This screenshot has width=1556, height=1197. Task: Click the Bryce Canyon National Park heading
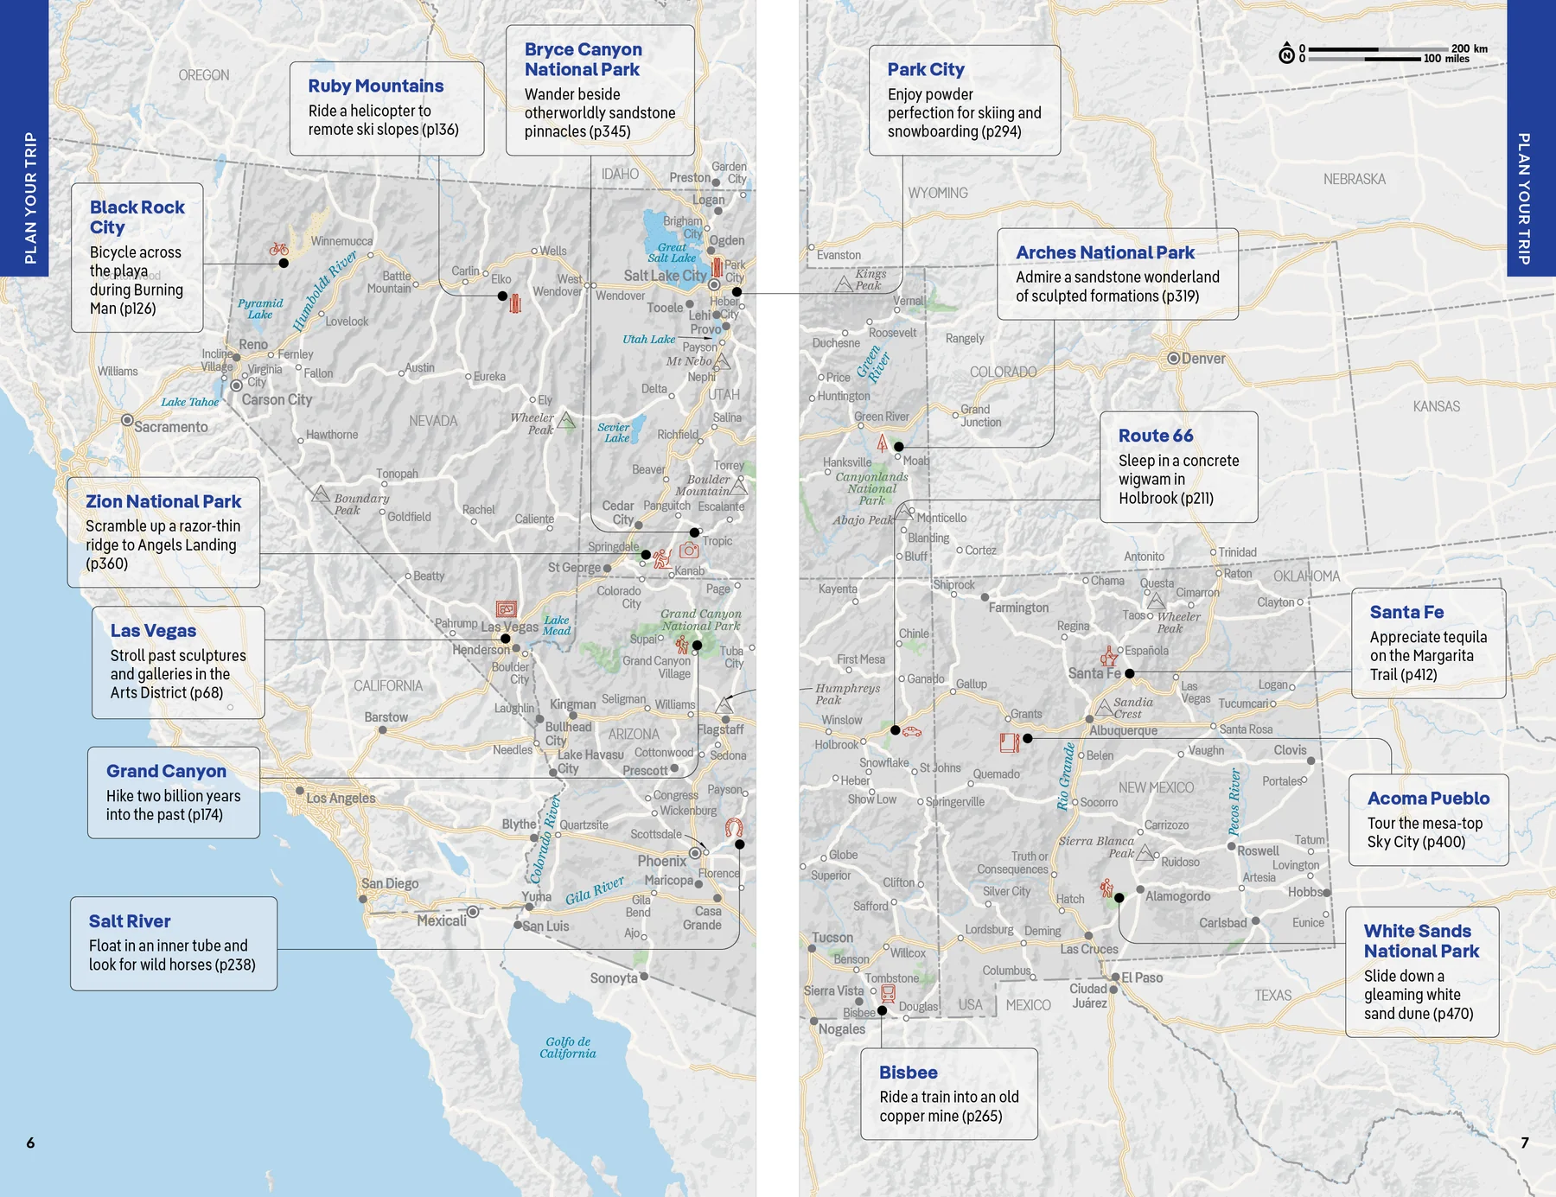coord(583,60)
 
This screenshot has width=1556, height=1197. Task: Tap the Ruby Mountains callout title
coord(375,86)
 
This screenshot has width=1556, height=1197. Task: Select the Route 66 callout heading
coord(1155,436)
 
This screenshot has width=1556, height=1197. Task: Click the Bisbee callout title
coord(908,1073)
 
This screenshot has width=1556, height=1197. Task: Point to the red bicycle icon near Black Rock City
coord(278,249)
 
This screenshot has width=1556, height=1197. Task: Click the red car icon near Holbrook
coord(911,732)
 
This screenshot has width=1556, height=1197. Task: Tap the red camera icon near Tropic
coord(689,551)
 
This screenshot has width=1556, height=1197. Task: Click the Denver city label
coord(1202,359)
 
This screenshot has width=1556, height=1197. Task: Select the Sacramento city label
coord(170,427)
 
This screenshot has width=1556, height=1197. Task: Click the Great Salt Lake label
coord(672,252)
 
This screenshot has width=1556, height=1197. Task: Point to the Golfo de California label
coord(568,1047)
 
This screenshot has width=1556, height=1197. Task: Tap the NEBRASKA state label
coord(1354,179)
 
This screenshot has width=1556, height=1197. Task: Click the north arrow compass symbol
coord(1286,54)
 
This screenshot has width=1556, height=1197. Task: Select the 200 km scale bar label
coord(1469,48)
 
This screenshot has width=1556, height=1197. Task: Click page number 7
coord(1525,1143)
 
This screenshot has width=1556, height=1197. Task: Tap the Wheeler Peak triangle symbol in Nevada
coord(566,420)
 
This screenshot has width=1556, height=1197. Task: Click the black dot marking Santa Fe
coord(1129,673)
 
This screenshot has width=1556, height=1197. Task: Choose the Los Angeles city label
coord(341,798)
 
